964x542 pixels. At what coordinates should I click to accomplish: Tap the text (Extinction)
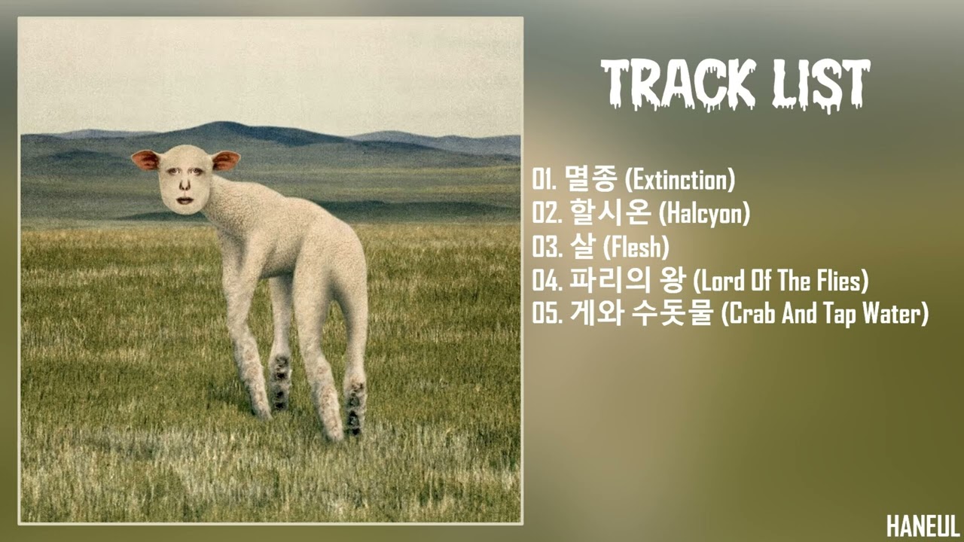(x=681, y=181)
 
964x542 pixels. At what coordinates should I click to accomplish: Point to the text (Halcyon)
(x=704, y=215)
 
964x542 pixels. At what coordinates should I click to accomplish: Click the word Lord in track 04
(x=716, y=282)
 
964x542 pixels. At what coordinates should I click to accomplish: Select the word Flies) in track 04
(x=840, y=282)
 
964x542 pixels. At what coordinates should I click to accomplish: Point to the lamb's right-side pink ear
(x=225, y=160)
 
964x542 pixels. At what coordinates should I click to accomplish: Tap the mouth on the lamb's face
(x=184, y=202)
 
